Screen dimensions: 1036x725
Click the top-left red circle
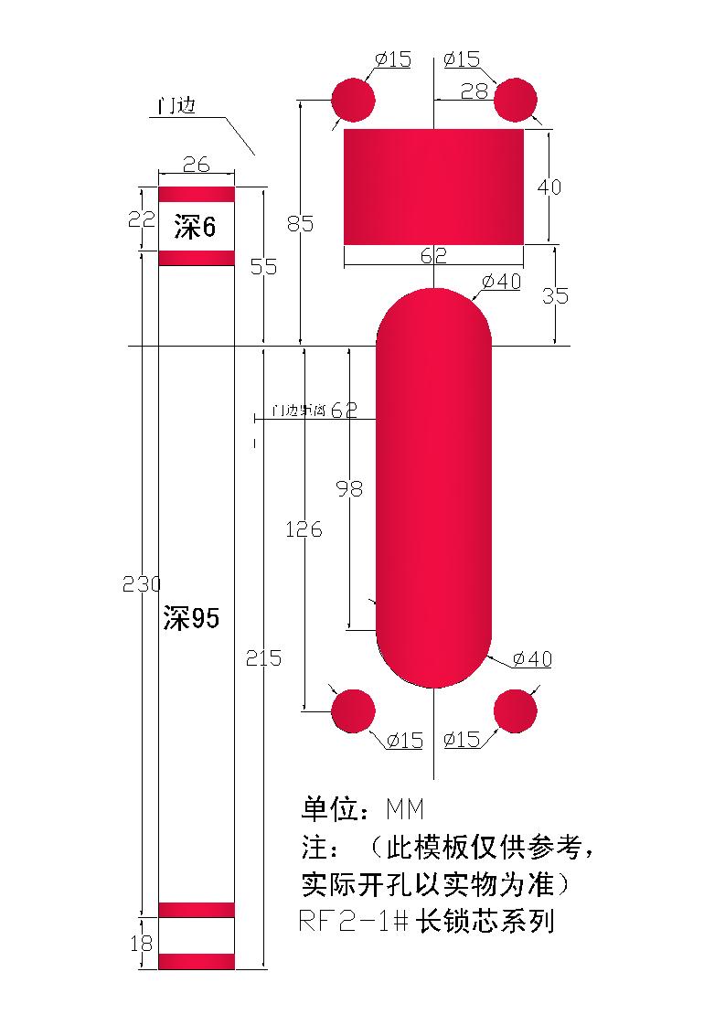[x=353, y=100]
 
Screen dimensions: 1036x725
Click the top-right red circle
[x=516, y=100]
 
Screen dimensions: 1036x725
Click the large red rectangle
[x=433, y=187]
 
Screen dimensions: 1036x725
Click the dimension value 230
[x=142, y=585]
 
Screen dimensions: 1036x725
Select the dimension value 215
[x=264, y=658]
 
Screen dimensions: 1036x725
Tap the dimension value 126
[x=304, y=529]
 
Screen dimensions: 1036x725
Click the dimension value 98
[x=349, y=489]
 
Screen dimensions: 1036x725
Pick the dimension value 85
[x=299, y=223]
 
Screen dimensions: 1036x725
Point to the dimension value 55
[x=264, y=266]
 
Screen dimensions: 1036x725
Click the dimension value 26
[x=197, y=165]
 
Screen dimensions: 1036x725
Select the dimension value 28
[x=474, y=91]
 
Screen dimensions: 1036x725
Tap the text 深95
[x=191, y=619]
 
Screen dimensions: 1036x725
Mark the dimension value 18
[x=142, y=943]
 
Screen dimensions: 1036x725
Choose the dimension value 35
[x=555, y=296]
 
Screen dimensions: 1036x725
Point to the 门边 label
[x=177, y=106]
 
